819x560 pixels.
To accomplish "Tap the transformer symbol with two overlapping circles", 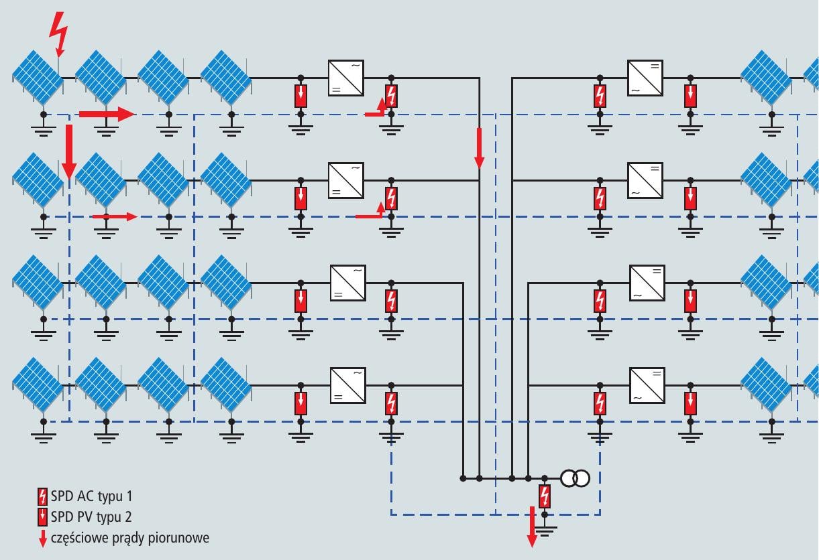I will (x=575, y=478).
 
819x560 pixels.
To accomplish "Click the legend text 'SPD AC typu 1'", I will (x=91, y=497).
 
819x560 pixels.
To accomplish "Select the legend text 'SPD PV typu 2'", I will (x=91, y=516).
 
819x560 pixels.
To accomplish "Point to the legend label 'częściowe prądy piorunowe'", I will (x=129, y=537).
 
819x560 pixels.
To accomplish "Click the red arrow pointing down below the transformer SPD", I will (x=533, y=527).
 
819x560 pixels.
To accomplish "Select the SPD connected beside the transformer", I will (x=545, y=496).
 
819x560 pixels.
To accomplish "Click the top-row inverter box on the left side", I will (x=345, y=78).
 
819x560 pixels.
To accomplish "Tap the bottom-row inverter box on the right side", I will (x=647, y=385).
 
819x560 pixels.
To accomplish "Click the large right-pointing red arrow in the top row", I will (x=107, y=115).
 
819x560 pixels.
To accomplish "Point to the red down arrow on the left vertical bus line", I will (x=479, y=147).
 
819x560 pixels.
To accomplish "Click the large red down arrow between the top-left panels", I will (x=68, y=151).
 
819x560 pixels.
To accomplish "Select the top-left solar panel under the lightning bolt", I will (x=38, y=76).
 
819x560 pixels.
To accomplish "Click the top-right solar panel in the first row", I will (x=766, y=76).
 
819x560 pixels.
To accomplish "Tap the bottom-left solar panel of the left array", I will (x=38, y=383).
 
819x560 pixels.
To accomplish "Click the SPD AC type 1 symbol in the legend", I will (x=43, y=497).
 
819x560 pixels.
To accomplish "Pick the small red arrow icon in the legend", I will (x=43, y=538).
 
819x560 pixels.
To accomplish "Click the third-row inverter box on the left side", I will (x=347, y=283).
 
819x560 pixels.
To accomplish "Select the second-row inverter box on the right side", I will (x=645, y=180).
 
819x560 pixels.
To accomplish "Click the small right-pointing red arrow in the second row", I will (x=114, y=216).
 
